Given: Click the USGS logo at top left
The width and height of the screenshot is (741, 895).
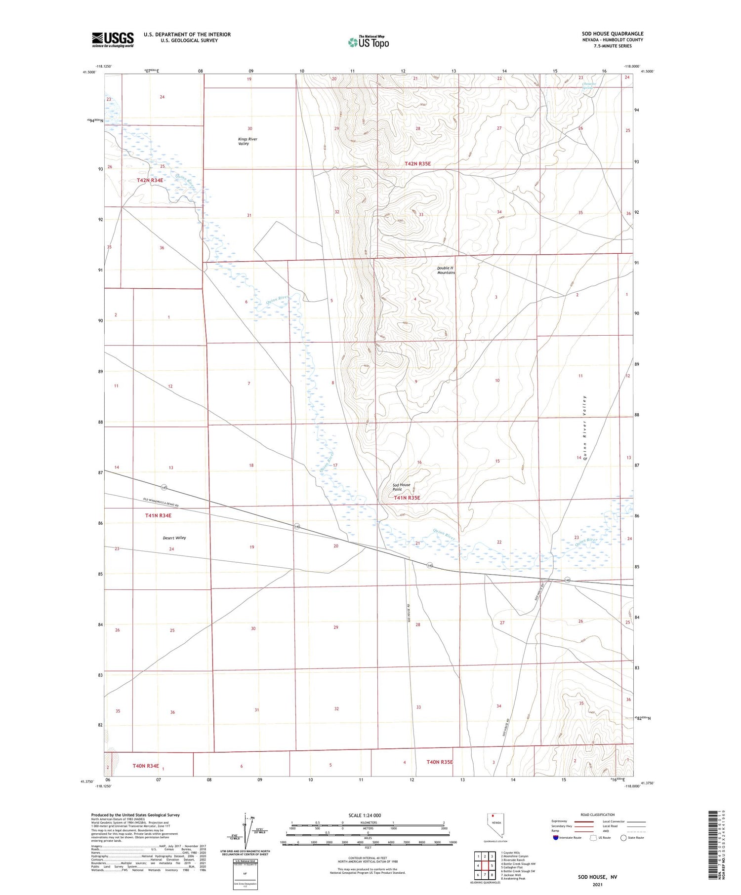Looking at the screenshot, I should [113, 39].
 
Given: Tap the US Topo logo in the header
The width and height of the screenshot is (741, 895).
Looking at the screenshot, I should [369, 42].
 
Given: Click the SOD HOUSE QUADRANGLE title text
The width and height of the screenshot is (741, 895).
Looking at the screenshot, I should [612, 34].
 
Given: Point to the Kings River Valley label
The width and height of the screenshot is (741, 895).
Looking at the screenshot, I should [247, 141].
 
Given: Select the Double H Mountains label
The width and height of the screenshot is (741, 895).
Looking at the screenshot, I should [446, 270].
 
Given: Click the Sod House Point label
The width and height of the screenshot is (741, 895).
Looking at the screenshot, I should [401, 487].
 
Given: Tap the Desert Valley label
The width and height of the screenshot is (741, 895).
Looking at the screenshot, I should [174, 538].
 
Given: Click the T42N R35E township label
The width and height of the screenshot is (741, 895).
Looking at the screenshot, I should [417, 163].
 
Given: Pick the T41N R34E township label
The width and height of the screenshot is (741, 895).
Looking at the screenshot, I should [158, 515].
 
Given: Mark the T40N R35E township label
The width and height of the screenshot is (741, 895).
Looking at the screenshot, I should [439, 762].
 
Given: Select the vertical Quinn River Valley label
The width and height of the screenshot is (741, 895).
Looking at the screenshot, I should [584, 428].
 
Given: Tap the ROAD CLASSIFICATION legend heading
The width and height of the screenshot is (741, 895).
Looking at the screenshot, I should [598, 815].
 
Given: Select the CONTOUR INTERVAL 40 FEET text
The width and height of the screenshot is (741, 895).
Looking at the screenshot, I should [368, 858].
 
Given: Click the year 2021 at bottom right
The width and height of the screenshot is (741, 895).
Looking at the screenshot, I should [597, 884].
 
